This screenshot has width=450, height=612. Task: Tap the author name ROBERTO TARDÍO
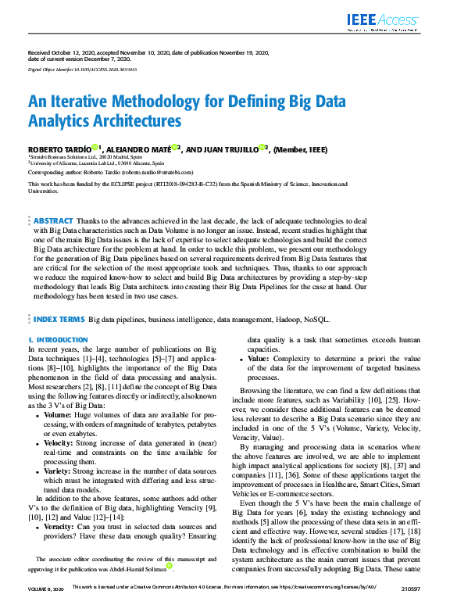[x=59, y=149]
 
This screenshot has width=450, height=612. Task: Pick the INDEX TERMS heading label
[x=59, y=319]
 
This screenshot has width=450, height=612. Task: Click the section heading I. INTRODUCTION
[x=58, y=340]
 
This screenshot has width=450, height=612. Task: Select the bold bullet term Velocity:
[x=61, y=442]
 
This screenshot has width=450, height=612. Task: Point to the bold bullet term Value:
[x=262, y=359]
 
